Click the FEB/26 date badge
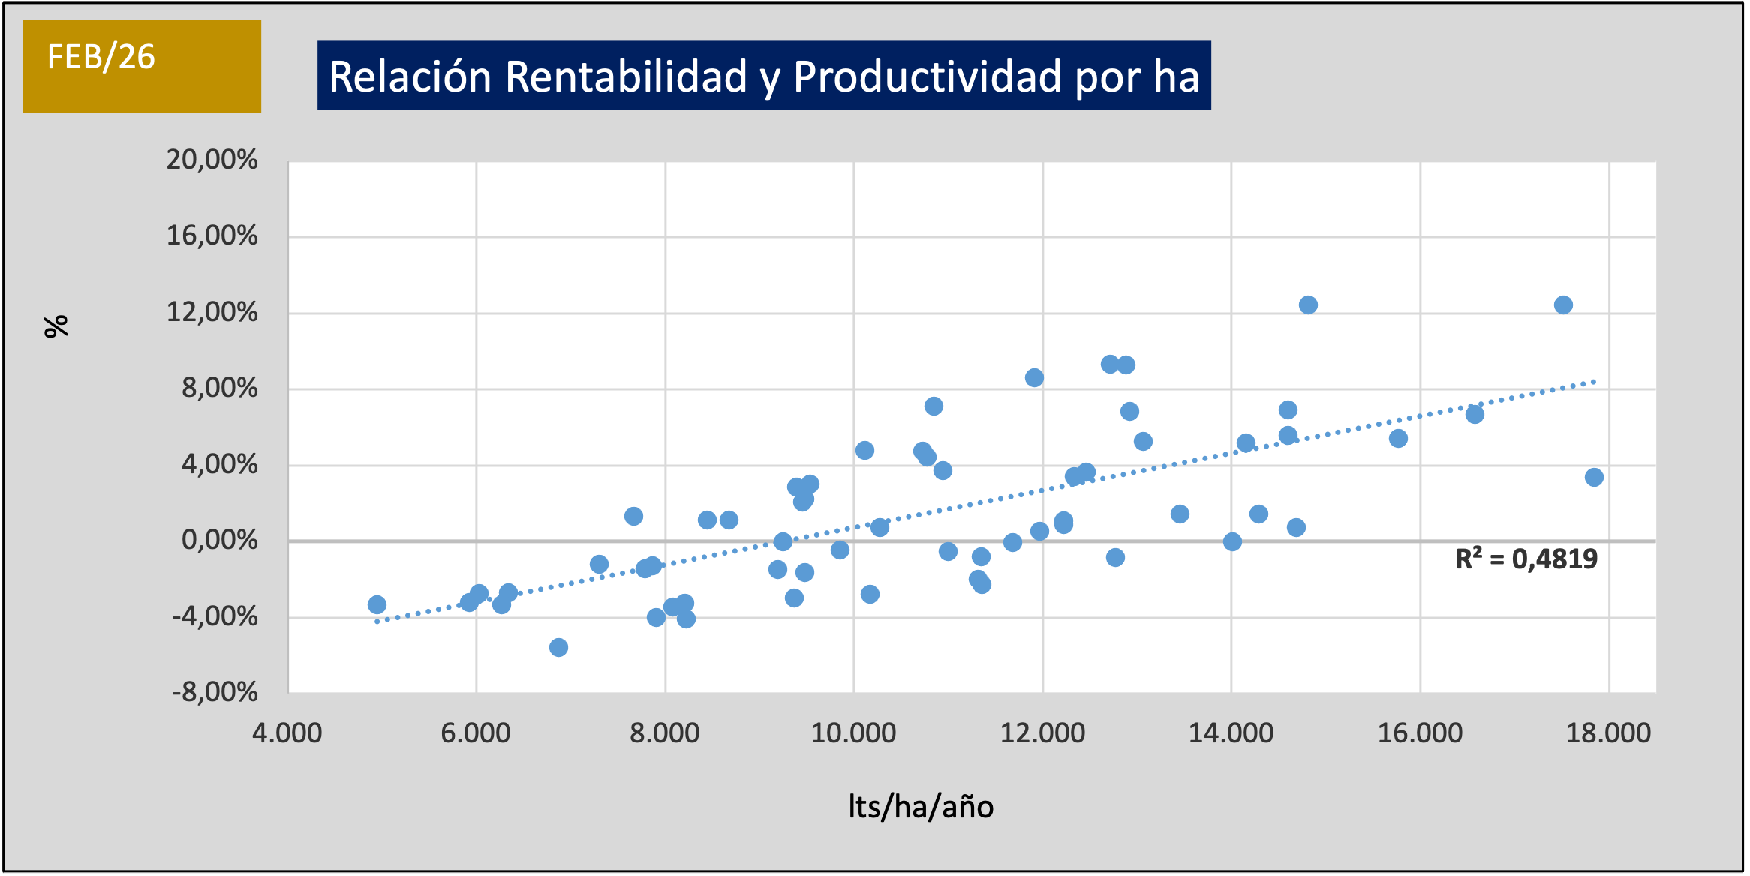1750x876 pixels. coord(141,66)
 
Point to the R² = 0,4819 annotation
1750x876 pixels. coord(1526,559)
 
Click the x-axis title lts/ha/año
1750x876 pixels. coord(921,807)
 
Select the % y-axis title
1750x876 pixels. coord(56,326)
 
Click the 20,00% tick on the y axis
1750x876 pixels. coord(212,160)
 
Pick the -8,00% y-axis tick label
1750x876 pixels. coord(215,691)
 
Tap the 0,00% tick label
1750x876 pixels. coord(219,540)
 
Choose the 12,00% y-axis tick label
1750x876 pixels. coord(212,312)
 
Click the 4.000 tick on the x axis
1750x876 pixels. coord(287,733)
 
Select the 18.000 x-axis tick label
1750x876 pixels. coord(1608,733)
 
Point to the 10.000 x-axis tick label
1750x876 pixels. coord(853,733)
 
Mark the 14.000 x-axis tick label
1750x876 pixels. coord(1231,733)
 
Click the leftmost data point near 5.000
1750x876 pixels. coord(377,604)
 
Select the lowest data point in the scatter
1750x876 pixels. coord(558,647)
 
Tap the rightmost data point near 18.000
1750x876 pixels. coord(1594,477)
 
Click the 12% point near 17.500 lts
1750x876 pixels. coord(1563,304)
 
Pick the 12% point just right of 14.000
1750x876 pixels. coord(1308,304)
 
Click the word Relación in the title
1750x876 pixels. coord(410,76)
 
